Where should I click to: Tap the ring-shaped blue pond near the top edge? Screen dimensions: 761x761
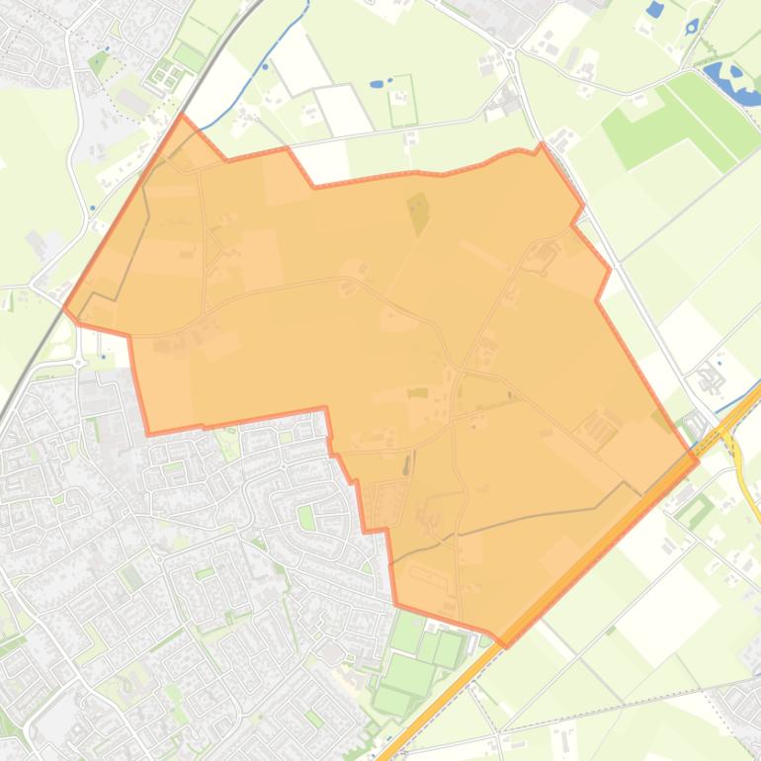(x=691, y=26)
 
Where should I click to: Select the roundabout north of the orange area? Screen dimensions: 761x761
(x=509, y=50)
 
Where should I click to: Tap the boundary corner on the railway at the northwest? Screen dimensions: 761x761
(x=182, y=117)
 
